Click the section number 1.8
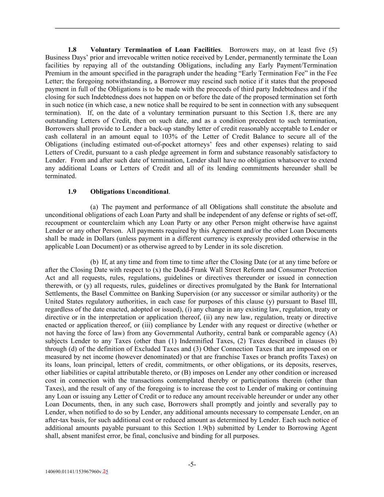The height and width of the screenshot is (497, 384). click(72, 50)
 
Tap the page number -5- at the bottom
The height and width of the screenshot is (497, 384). click(192, 464)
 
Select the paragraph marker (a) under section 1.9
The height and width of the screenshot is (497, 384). click(95, 207)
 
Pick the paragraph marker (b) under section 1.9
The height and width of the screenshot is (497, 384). click(95, 262)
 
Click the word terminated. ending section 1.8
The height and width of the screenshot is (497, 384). click(61, 176)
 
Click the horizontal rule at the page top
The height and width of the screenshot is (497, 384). click(197, 28)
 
